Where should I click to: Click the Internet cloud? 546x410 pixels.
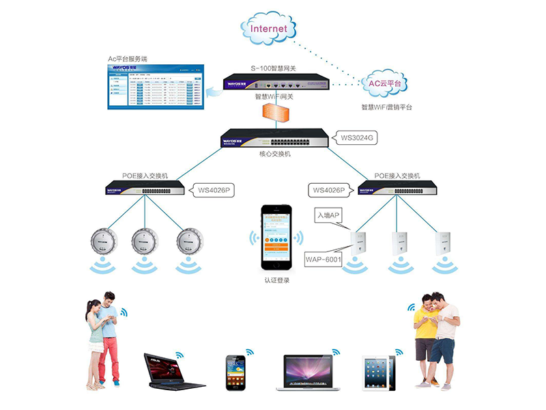[268, 29]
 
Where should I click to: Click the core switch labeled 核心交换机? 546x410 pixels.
[275, 139]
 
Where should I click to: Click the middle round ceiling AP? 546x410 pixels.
[143, 241]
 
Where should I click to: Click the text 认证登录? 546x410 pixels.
[276, 279]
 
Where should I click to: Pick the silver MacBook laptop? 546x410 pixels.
[306, 372]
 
